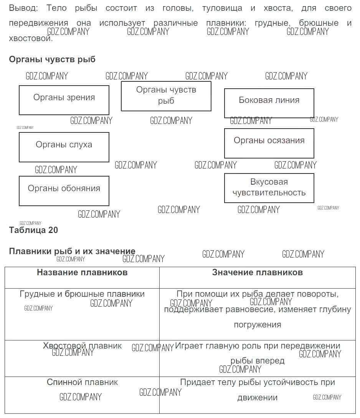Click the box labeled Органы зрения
tap(64, 100)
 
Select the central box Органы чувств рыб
tap(166, 96)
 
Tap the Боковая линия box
tap(269, 103)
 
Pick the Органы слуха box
tap(64, 147)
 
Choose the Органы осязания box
tap(269, 143)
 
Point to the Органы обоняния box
tap(64, 191)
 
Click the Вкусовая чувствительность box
tap(269, 188)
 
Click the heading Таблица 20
tap(33, 230)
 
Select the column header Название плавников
tap(82, 273)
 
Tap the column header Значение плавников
tap(257, 273)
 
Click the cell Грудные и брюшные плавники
tap(82, 294)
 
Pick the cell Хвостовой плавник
tap(82, 346)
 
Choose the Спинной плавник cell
tap(82, 382)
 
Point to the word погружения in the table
tap(257, 325)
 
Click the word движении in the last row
tap(257, 398)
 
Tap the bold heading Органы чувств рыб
tap(52, 59)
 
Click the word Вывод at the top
tap(23, 8)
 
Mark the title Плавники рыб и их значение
tap(72, 251)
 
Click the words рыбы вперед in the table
tap(257, 361)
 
